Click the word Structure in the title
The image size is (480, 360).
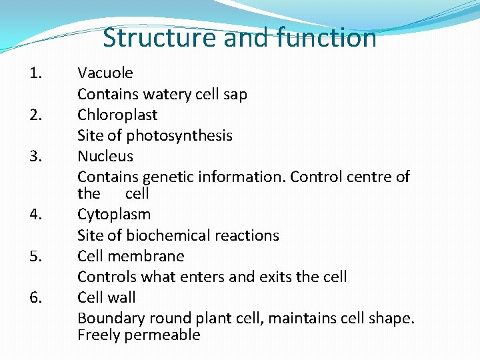(161, 38)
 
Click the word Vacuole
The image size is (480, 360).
(105, 73)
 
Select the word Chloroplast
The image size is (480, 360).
(117, 115)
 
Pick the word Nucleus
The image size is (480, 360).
(105, 156)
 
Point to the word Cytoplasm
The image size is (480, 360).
(114, 215)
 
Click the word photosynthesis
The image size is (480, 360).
(179, 136)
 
